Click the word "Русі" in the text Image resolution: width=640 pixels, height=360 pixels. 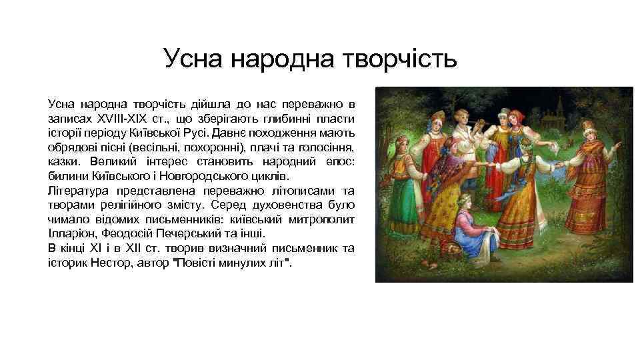pos(220,131)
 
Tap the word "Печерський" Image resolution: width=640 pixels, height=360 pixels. pos(183,234)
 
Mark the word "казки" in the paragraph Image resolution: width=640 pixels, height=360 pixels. pos(63,161)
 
